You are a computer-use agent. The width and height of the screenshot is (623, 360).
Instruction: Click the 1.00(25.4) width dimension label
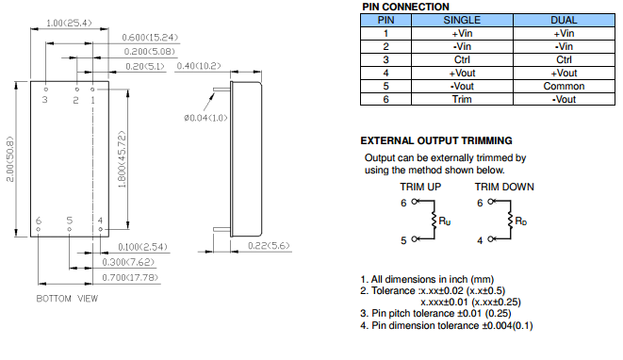pos(69,23)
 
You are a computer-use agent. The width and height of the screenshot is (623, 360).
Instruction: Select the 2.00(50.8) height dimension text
pos(10,159)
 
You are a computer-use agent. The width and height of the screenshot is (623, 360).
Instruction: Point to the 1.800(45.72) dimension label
pos(122,159)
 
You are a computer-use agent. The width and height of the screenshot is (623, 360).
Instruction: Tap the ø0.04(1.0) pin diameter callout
pos(205,118)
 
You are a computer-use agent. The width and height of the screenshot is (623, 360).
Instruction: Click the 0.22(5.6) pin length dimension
pos(269,246)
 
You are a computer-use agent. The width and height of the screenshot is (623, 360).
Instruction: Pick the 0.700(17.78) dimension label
pos(130,277)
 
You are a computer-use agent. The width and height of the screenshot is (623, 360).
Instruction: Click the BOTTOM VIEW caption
pos(67,299)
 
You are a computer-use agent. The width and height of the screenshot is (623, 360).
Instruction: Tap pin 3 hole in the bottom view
pos(45,90)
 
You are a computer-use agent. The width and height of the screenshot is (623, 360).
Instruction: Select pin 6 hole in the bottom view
pos(38,229)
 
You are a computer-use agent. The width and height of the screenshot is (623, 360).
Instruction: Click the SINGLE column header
pos(462,21)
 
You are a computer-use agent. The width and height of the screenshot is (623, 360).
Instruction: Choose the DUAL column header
pos(564,21)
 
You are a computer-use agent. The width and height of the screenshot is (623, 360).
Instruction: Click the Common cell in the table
pos(564,86)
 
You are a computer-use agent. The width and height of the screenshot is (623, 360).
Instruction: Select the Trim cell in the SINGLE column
pos(462,99)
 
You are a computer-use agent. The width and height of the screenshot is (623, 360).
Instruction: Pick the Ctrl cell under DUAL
pos(564,60)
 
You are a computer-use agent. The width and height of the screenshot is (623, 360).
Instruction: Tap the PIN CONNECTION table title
pos(405,7)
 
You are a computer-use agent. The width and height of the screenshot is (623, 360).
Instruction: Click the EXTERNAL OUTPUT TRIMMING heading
pos(436,140)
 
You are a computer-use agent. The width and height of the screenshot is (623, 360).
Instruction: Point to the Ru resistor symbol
pos(434,221)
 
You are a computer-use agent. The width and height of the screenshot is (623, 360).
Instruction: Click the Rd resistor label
pos(520,221)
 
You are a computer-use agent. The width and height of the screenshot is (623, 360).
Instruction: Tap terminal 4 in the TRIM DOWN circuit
pos(490,238)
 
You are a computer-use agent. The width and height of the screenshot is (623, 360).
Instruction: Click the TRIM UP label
pos(420,187)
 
